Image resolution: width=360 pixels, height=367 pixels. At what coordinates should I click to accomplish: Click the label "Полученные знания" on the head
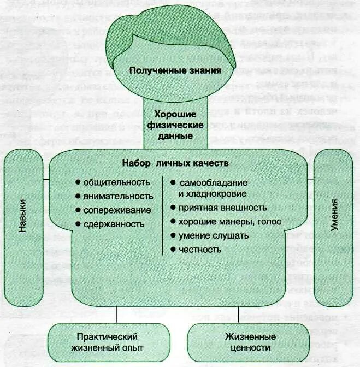coord(171,70)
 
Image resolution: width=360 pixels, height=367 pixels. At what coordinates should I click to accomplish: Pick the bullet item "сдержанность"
coord(114,223)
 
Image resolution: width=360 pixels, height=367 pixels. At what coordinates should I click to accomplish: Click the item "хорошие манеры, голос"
coord(229,222)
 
